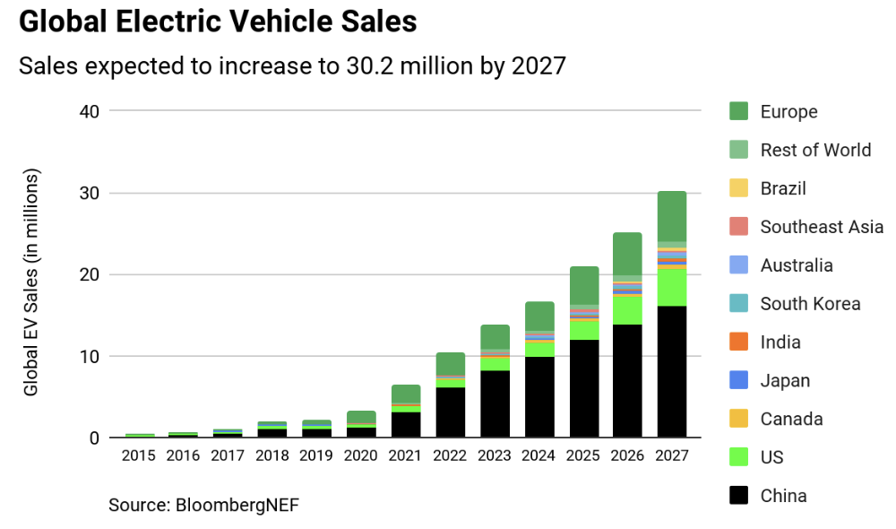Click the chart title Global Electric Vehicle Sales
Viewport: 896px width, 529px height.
[218, 22]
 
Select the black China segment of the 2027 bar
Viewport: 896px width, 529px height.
[671, 372]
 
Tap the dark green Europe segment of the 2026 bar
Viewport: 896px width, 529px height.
[627, 254]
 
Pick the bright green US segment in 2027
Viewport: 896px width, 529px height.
[671, 288]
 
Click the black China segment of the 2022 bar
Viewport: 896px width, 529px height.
[450, 412]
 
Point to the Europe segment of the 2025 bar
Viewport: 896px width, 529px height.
[583, 285]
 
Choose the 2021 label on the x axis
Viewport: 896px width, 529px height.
[406, 455]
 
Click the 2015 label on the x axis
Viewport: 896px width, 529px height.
[139, 455]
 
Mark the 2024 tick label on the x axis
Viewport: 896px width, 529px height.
[538, 455]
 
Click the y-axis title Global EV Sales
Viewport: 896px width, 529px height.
[31, 282]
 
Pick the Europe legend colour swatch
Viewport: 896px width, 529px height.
[738, 112]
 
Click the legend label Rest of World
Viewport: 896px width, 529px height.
[815, 151]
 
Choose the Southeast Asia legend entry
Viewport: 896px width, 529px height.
[822, 227]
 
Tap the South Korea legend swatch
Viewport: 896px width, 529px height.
[738, 304]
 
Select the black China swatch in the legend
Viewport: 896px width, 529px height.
[738, 496]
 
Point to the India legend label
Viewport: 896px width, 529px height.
[780, 343]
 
